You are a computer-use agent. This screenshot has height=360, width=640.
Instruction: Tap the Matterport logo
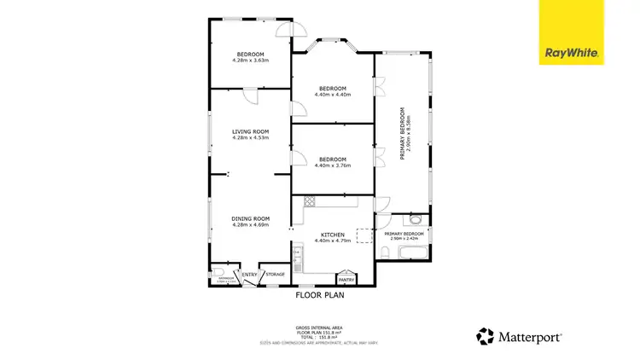coord(519,336)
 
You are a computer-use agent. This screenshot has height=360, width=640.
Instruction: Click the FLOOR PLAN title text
coord(319,295)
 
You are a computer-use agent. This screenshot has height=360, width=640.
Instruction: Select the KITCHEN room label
coord(332,235)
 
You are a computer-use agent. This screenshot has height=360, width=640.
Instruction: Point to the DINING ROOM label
coord(250,219)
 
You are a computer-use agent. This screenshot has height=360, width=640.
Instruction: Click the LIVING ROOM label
coord(250,131)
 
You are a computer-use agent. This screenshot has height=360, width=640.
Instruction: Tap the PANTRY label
coord(346,279)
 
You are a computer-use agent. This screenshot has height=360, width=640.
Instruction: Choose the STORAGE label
coord(275,275)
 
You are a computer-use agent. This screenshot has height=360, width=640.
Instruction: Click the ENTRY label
coord(249,275)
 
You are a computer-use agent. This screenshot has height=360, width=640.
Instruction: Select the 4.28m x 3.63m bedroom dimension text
coord(250,61)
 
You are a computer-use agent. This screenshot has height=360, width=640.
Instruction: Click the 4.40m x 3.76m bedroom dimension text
coord(332,165)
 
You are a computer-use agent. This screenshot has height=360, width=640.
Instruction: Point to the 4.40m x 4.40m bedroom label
coord(332,89)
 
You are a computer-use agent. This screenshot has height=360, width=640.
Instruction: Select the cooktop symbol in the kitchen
coord(311,202)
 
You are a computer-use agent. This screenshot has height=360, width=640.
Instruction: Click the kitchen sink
coord(298,253)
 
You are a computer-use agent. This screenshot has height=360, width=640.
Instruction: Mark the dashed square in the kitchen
coord(364,235)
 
